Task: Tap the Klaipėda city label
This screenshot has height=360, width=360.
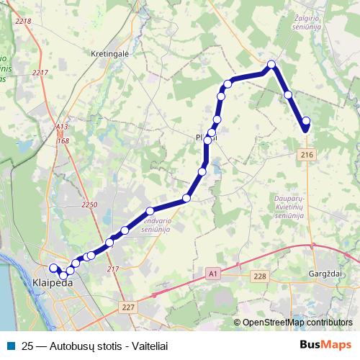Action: (x=53, y=284)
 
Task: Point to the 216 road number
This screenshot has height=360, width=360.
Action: (x=307, y=155)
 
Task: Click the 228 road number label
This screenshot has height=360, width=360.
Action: (x=260, y=276)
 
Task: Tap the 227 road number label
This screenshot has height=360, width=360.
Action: (x=128, y=307)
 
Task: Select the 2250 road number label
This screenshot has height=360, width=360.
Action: (x=89, y=205)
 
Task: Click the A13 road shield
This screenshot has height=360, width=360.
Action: (x=62, y=127)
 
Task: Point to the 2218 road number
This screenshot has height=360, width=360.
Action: (x=23, y=21)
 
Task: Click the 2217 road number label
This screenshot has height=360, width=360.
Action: (x=40, y=72)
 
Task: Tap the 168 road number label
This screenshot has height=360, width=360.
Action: (x=64, y=140)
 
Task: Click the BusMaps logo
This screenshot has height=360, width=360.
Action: (x=325, y=344)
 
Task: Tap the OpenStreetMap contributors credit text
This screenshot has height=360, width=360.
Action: (x=297, y=323)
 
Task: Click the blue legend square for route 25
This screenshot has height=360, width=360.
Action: (x=9, y=345)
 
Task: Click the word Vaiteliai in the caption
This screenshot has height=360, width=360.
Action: (x=138, y=345)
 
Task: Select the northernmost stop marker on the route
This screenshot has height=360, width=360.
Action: (x=272, y=65)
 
